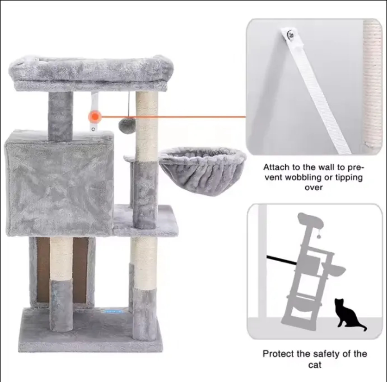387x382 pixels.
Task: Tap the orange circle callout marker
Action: [x=95, y=116]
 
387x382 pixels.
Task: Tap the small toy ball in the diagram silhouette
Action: [x=319, y=237]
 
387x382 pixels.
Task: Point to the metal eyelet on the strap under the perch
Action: [x=93, y=130]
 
